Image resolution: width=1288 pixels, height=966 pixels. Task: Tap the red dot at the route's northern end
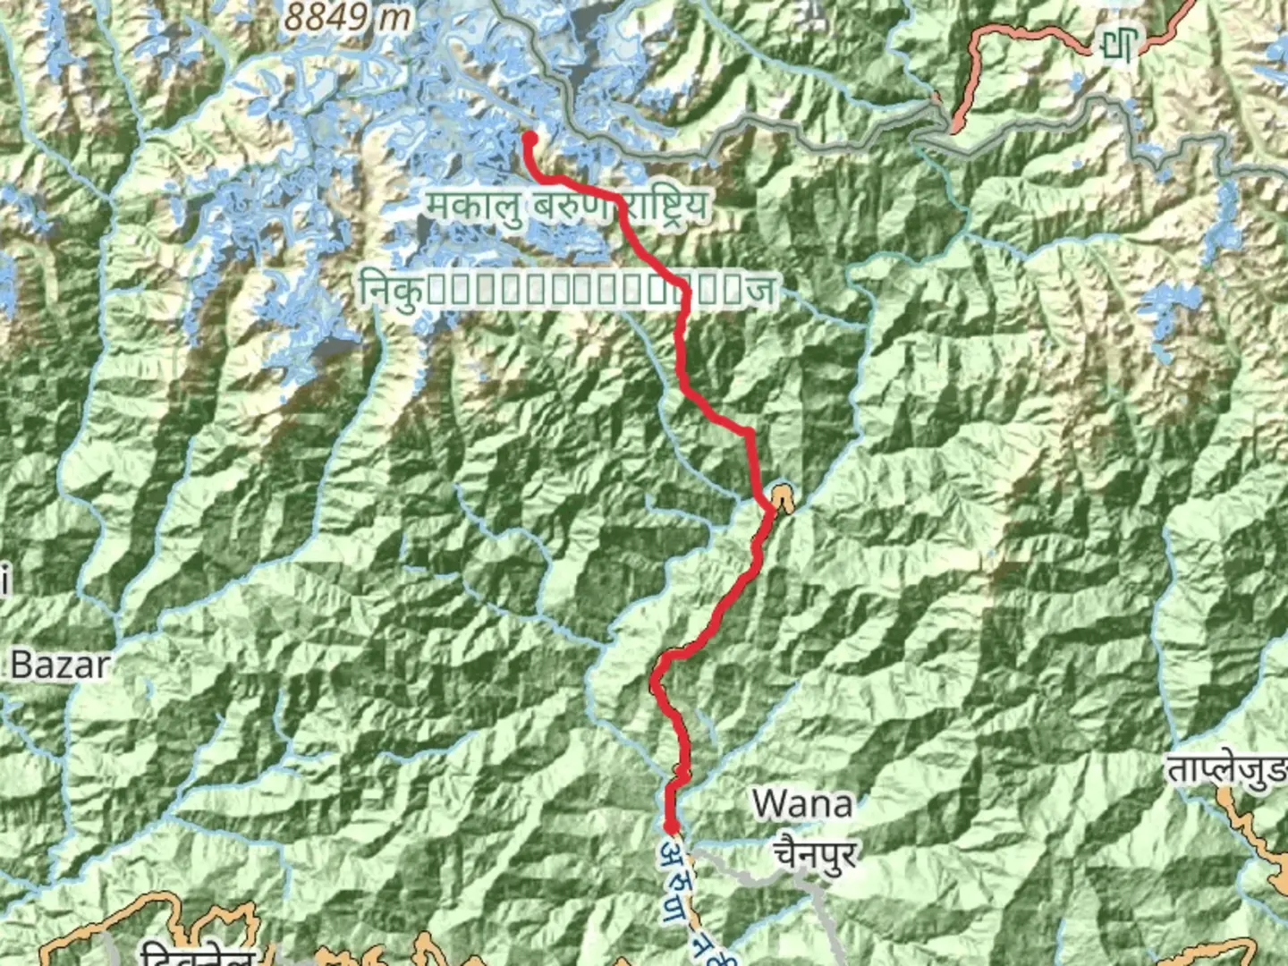(529, 139)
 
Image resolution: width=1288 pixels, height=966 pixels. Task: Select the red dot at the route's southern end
(669, 826)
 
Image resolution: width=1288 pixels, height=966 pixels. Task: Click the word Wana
(802, 804)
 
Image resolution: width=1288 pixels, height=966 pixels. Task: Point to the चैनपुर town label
(815, 852)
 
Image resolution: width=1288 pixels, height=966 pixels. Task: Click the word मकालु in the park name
(474, 207)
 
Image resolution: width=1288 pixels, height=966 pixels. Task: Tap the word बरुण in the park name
(572, 207)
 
